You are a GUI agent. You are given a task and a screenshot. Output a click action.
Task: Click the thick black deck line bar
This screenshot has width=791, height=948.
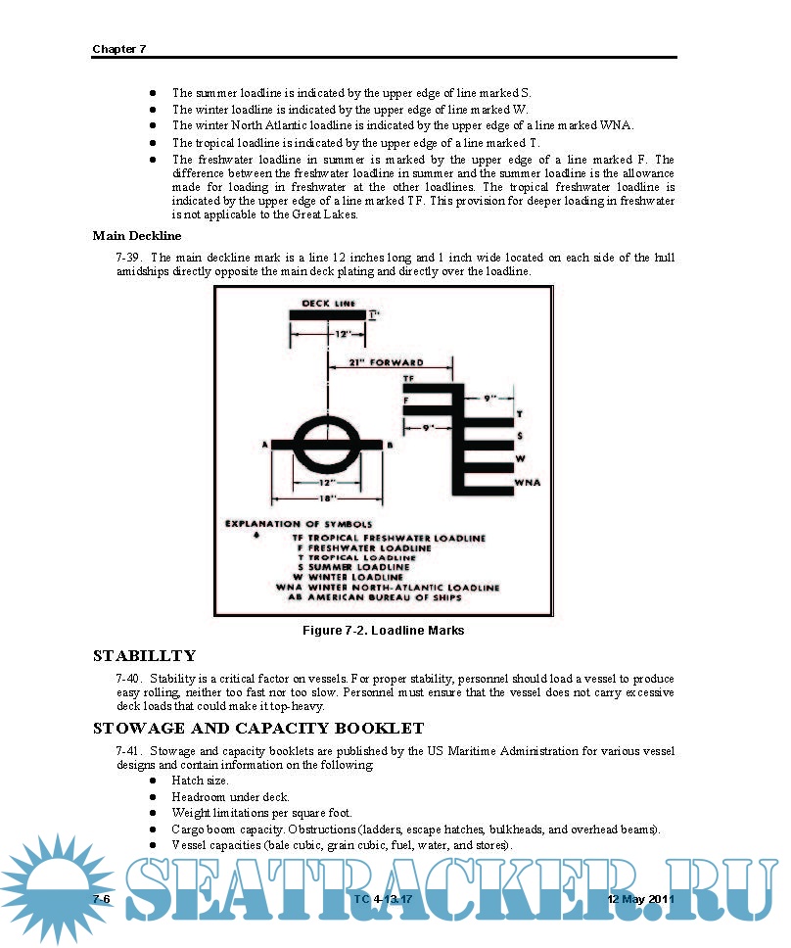tap(327, 313)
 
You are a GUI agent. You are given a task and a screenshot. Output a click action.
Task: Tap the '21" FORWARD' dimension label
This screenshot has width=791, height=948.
tap(387, 361)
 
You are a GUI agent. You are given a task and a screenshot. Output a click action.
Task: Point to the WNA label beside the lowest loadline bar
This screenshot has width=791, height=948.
tap(528, 482)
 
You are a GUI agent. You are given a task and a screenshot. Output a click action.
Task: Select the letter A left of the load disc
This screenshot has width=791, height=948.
tap(265, 445)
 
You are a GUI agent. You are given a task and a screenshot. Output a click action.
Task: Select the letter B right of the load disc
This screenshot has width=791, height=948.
tap(390, 445)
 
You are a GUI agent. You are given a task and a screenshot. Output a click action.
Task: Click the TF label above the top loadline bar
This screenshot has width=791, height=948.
tap(408, 377)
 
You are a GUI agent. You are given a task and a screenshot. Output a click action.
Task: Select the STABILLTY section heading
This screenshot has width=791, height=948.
tap(144, 655)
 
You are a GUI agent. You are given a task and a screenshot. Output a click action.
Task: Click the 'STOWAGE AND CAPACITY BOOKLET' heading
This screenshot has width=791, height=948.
tap(257, 728)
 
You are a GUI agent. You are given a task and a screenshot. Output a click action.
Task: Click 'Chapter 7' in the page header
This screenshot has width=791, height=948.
tap(118, 49)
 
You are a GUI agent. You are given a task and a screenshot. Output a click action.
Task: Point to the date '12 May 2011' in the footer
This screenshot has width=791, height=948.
tap(640, 898)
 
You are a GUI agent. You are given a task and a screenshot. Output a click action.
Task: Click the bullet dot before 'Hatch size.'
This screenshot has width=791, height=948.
tap(154, 781)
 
